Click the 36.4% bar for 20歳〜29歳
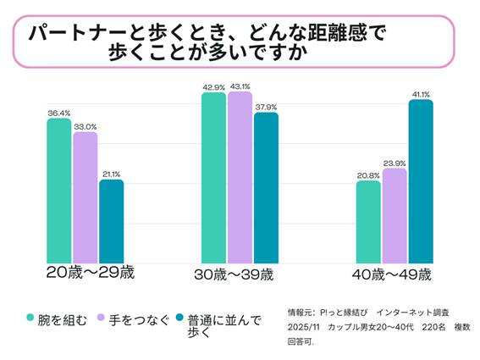58,191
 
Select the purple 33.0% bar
85,197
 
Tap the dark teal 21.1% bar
111,221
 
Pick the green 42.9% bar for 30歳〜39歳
213,178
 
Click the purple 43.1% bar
240,177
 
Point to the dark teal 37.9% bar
266,187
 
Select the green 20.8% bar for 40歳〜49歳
368,221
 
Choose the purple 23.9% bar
394,215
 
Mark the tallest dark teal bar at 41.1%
421,181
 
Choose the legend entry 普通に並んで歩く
223,324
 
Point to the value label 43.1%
240,85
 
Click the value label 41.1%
421,93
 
